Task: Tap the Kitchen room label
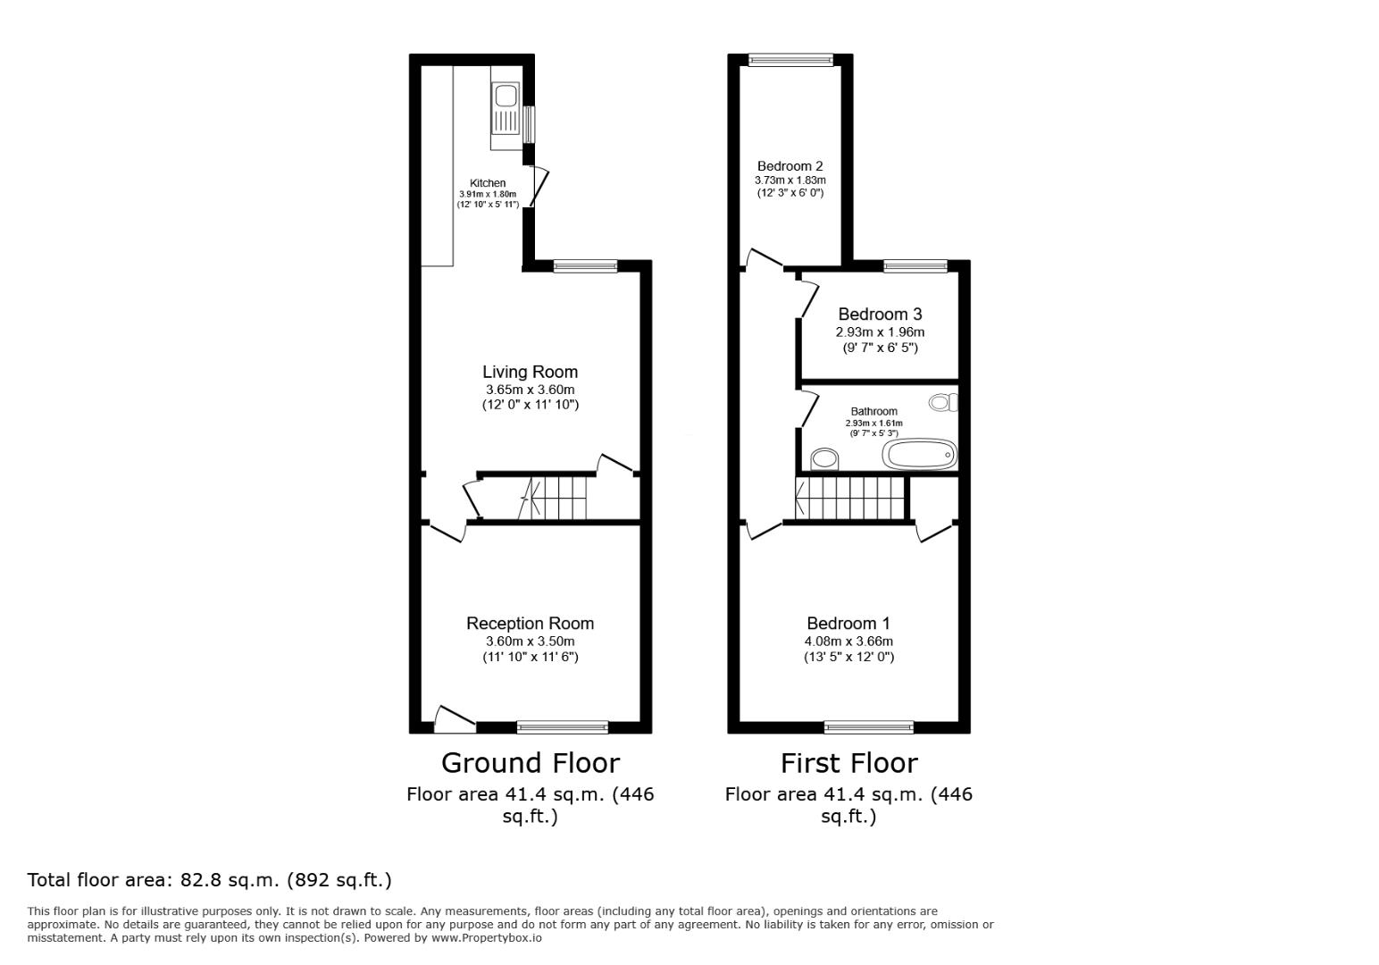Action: [x=488, y=183]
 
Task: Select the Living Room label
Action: [x=530, y=372]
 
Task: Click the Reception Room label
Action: [x=530, y=624]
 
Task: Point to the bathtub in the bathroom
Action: [x=920, y=455]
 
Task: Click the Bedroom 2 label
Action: [x=790, y=166]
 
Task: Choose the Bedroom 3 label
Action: [x=880, y=315]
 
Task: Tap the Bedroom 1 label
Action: [x=848, y=624]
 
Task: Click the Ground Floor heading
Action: [x=530, y=763]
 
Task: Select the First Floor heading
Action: [x=848, y=763]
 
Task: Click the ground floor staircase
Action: [x=554, y=498]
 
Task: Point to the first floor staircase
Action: [x=850, y=498]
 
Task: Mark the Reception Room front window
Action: [x=563, y=727]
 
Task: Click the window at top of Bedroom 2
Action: [x=790, y=61]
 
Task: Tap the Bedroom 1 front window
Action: [x=868, y=727]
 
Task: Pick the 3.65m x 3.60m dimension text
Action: [x=530, y=390]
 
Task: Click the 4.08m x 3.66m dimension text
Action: [x=848, y=642]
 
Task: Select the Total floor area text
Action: [x=210, y=880]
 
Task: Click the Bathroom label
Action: [x=873, y=412]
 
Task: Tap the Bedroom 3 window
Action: [x=915, y=265]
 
